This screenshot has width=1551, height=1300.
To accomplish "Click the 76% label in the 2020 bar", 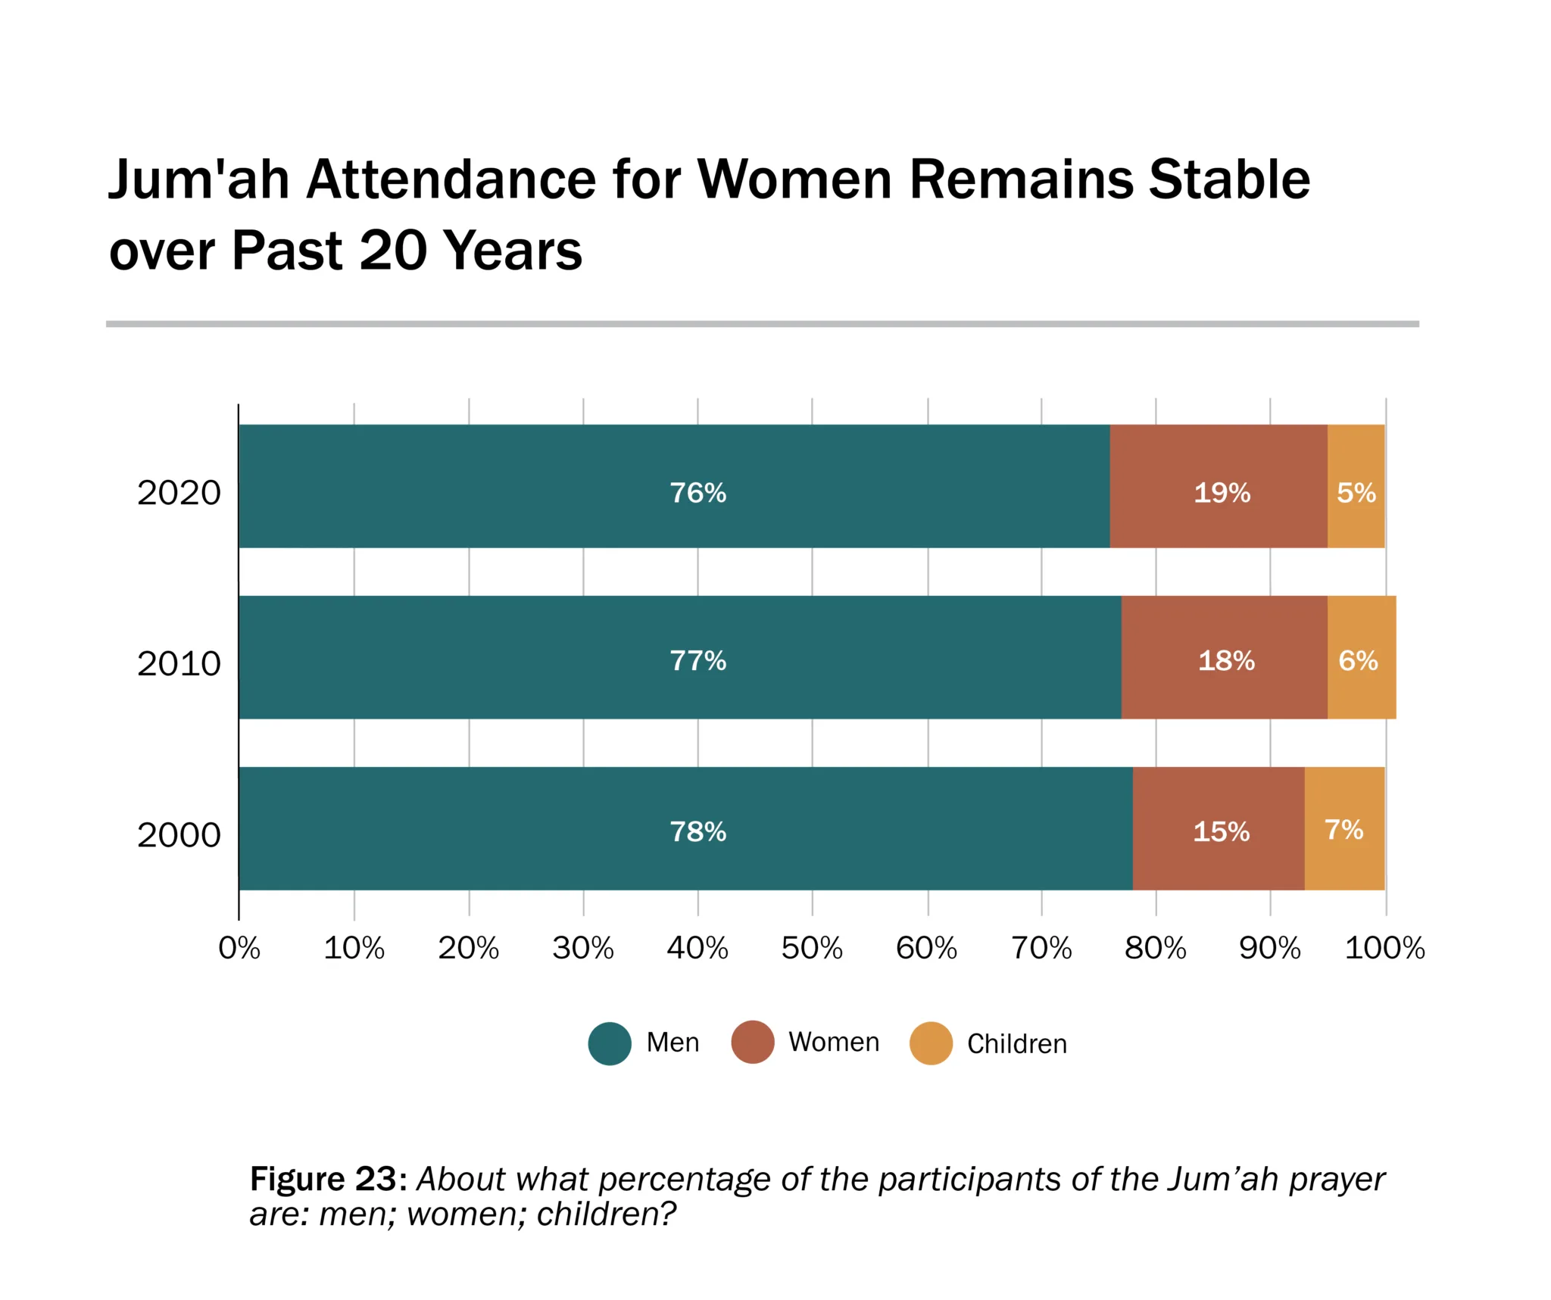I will [x=697, y=493].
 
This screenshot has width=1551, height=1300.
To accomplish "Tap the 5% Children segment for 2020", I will [x=1356, y=486].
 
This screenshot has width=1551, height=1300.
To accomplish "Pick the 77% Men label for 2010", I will [x=697, y=661].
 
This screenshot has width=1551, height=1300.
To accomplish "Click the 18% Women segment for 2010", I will [x=1224, y=657].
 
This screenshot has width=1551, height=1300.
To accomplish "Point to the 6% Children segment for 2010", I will [x=1361, y=657].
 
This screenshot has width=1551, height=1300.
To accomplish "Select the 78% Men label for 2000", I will [x=697, y=832].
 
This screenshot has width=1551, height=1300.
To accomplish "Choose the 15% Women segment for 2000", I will [x=1218, y=828].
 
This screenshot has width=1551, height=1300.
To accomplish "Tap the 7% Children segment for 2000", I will [x=1344, y=828].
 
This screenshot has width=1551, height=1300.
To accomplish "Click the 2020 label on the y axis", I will [x=179, y=493].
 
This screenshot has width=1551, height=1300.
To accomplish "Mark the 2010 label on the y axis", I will [x=179, y=664].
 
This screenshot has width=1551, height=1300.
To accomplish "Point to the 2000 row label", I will [x=179, y=835].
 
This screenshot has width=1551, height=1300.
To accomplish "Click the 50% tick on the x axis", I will [x=812, y=948].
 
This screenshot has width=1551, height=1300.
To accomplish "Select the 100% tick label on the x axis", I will [x=1384, y=948].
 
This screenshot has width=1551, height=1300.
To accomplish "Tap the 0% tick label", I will [x=239, y=948].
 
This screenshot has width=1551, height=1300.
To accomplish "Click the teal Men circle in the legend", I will [x=610, y=1043].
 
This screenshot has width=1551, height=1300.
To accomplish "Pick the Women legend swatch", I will [x=752, y=1042].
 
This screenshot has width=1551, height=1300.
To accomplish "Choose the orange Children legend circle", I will [x=931, y=1043].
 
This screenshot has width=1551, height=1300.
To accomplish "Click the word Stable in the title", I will [x=1228, y=180].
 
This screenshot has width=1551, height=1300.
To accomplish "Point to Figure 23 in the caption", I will [x=323, y=1179].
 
